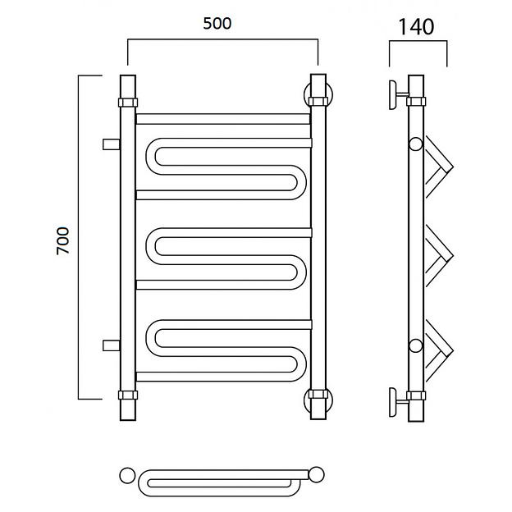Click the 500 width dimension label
pyautogui.click(x=217, y=23)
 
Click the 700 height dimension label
pyautogui.click(x=62, y=241)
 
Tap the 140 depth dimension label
pyautogui.click(x=416, y=27)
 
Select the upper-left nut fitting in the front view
pyautogui.click(x=128, y=103)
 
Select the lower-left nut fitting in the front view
pyautogui.click(x=128, y=395)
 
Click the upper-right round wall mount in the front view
pyautogui.click(x=318, y=95)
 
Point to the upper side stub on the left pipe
pyautogui.click(x=112, y=144)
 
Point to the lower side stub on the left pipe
pyautogui.click(x=112, y=345)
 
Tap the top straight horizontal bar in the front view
pyautogui.click(x=223, y=119)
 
